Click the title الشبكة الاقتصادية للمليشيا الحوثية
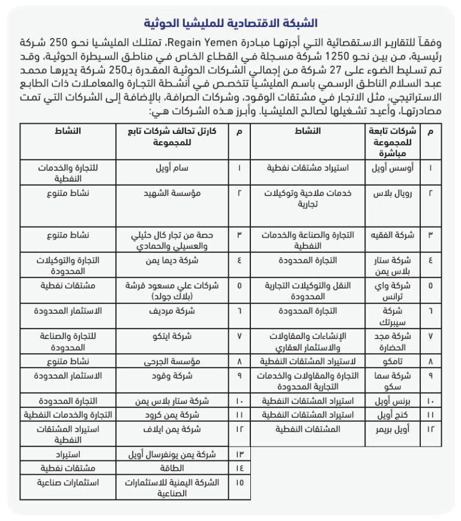[230, 24]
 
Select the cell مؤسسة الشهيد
[173, 193]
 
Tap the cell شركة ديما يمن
[173, 260]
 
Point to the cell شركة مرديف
[173, 311]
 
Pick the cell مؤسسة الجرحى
[173, 362]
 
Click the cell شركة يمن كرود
[173, 415]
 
